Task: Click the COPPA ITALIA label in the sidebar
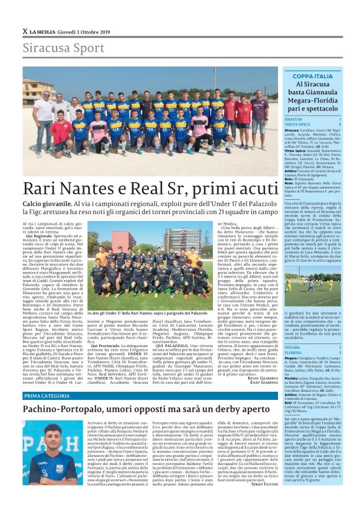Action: click(x=313, y=76)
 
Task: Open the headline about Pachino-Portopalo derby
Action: click(x=137, y=410)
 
